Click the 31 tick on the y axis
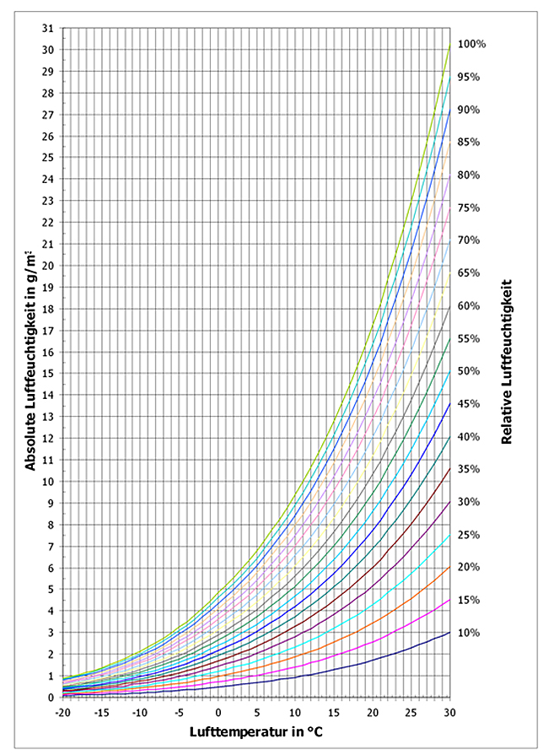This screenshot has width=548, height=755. (x=48, y=28)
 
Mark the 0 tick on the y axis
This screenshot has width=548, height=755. (x=51, y=698)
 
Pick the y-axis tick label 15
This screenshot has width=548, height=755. (x=48, y=373)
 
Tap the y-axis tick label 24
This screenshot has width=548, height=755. (x=48, y=179)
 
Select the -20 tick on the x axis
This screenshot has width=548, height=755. (x=62, y=712)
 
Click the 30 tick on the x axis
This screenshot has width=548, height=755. (x=449, y=712)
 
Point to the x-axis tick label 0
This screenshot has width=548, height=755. (x=218, y=712)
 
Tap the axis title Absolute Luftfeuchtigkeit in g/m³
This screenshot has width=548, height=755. (x=30, y=361)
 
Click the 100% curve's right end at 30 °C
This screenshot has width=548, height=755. (x=450, y=44)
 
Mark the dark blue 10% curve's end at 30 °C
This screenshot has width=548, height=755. (x=450, y=632)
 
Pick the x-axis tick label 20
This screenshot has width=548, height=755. (x=373, y=712)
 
